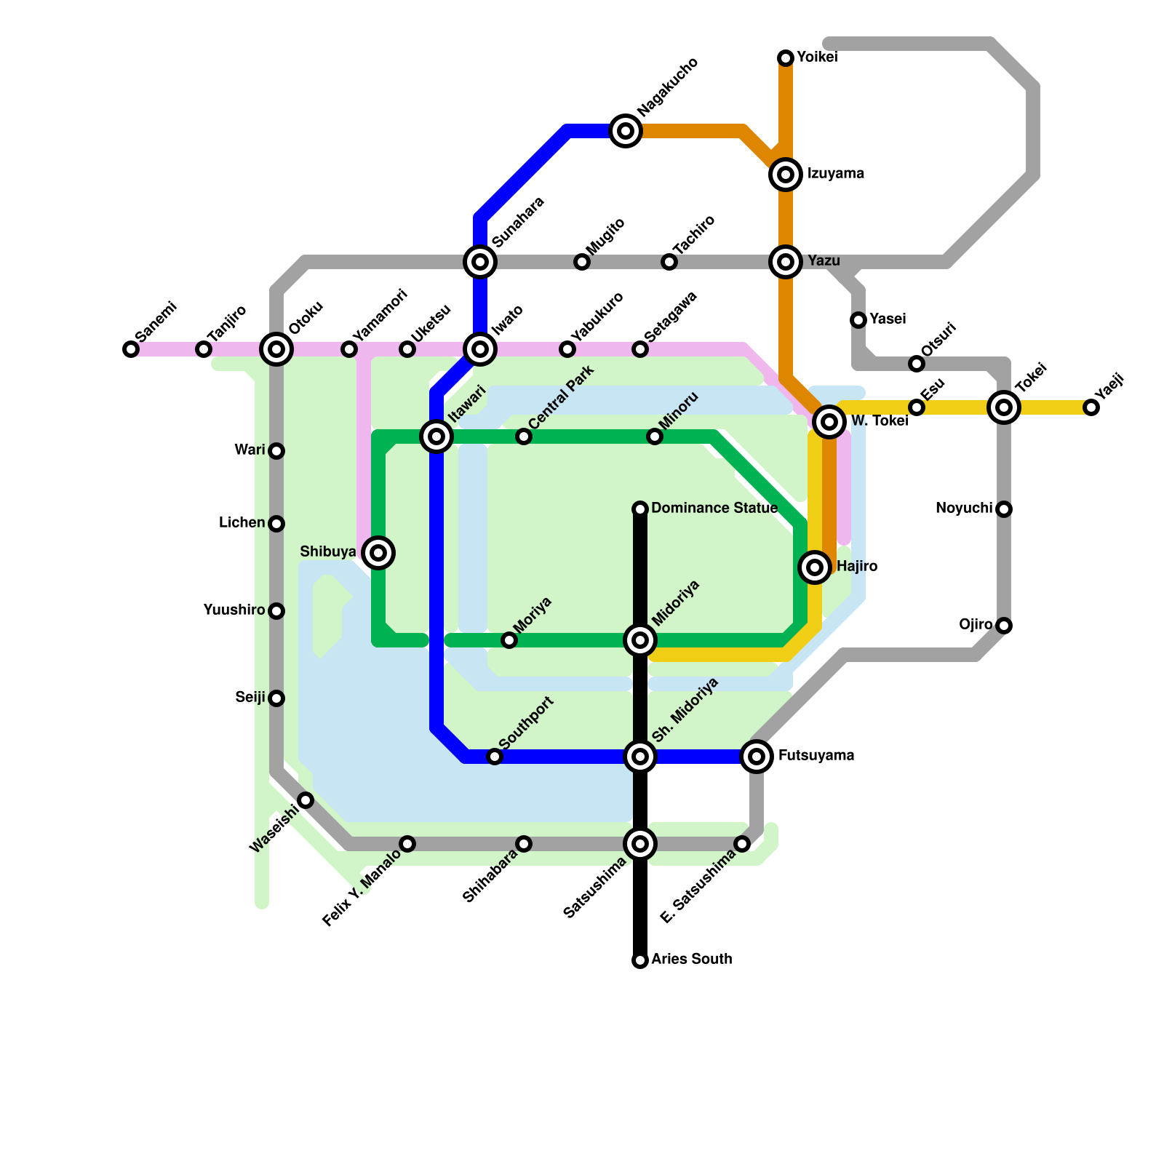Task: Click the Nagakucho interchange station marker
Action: pyautogui.click(x=626, y=131)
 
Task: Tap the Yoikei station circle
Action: pyautogui.click(x=786, y=58)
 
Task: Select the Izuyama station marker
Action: pyautogui.click(x=786, y=175)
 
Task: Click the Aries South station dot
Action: pyautogui.click(x=640, y=960)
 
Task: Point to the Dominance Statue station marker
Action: pyautogui.click(x=640, y=509)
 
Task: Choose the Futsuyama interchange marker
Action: pyautogui.click(x=757, y=757)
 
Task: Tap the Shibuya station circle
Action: pyautogui.click(x=378, y=553)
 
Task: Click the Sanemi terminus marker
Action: pyautogui.click(x=131, y=349)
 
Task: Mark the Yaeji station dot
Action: pyautogui.click(x=1091, y=407)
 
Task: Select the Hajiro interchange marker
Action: pyautogui.click(x=815, y=567)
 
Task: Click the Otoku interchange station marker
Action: pyautogui.click(x=276, y=349)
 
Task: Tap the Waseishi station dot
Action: pyautogui.click(x=306, y=800)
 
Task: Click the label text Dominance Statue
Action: pyautogui.click(x=714, y=508)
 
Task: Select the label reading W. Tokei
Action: pyautogui.click(x=879, y=420)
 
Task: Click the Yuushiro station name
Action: pyautogui.click(x=234, y=610)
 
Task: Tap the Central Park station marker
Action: pyautogui.click(x=524, y=436)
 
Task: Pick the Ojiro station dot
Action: pyautogui.click(x=1004, y=626)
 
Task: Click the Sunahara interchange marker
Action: pyautogui.click(x=480, y=262)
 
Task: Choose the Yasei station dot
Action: pyautogui.click(x=858, y=320)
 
